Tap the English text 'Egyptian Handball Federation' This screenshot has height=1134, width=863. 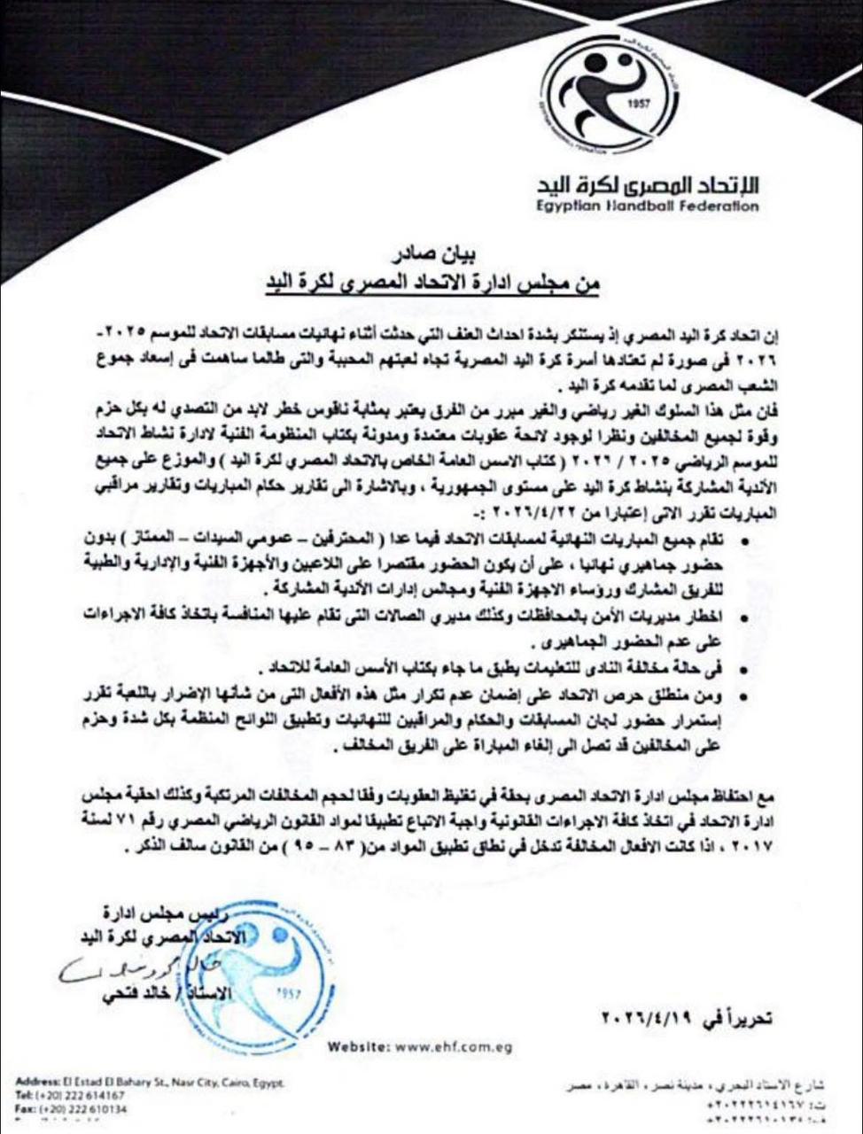click(648, 206)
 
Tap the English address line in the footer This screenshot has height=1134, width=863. click(151, 1083)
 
